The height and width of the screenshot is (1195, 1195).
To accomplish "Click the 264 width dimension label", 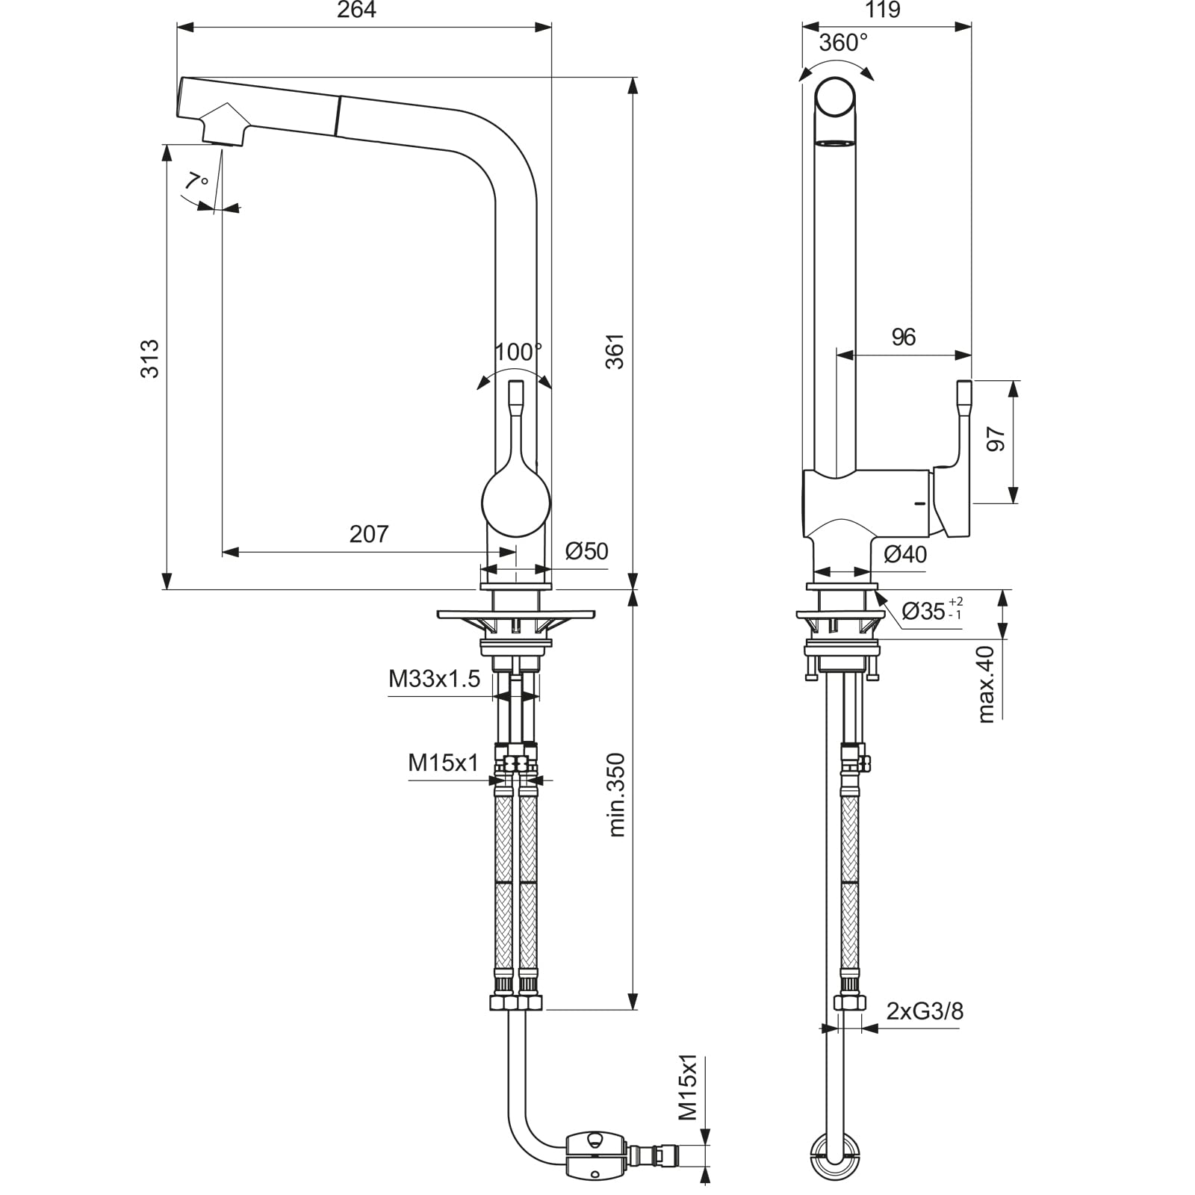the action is [356, 10].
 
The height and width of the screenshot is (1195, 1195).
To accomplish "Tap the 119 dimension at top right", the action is [883, 10].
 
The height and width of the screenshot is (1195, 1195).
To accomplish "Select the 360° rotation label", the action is [843, 43].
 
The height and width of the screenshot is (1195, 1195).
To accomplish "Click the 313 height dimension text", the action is [150, 358].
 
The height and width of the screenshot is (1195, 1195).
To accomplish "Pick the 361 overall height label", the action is [614, 350].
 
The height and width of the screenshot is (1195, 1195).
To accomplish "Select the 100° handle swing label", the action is [518, 352].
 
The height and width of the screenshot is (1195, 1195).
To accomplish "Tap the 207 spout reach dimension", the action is [369, 533].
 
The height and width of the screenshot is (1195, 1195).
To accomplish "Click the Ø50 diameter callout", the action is [586, 551].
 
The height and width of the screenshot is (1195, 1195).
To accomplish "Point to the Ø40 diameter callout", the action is [904, 554].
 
